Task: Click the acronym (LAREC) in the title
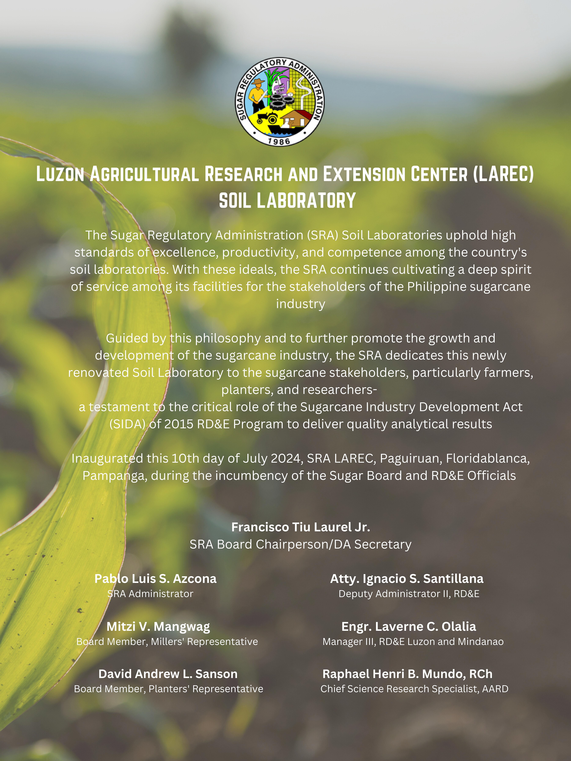click(x=503, y=174)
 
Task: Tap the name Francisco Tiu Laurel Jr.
click(x=301, y=527)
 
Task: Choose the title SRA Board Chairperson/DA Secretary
click(x=301, y=544)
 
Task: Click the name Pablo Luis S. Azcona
click(x=156, y=579)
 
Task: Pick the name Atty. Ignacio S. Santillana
click(x=407, y=579)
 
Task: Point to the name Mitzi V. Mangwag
click(x=158, y=626)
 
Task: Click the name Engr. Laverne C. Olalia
click(x=409, y=626)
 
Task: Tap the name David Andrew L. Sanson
click(x=168, y=674)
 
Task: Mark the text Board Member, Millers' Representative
click(x=167, y=642)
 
